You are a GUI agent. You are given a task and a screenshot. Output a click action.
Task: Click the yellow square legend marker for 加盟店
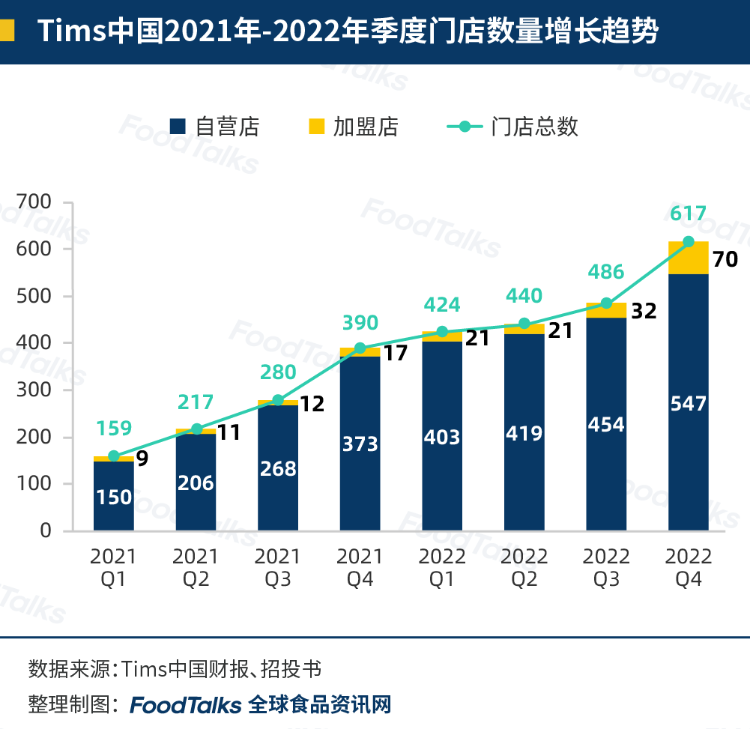tap(317, 127)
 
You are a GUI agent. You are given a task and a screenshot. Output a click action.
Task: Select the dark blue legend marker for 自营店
tap(178, 127)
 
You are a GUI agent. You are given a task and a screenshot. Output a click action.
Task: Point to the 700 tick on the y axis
tap(36, 202)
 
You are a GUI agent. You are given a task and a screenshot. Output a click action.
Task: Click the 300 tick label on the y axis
tap(36, 390)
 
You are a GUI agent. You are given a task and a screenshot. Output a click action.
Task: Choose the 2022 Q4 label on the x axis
tap(689, 567)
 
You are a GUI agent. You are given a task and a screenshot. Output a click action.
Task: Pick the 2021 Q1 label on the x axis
tap(114, 567)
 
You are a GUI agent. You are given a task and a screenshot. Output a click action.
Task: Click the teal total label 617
tap(689, 214)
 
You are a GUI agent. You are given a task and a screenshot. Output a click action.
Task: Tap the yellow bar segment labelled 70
tap(689, 258)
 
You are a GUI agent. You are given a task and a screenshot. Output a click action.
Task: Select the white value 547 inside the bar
tap(689, 405)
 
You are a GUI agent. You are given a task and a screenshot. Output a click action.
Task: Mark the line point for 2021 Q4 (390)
tap(360, 348)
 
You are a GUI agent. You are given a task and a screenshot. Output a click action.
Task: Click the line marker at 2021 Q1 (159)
tap(114, 456)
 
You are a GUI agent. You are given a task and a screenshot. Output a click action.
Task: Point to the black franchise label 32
tap(644, 311)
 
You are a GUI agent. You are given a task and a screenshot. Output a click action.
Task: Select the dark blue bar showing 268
tap(278, 468)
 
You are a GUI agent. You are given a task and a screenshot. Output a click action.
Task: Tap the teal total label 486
tap(606, 272)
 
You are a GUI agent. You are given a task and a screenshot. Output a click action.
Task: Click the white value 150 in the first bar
tap(114, 497)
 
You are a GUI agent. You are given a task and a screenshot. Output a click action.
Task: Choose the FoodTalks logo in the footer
tap(186, 705)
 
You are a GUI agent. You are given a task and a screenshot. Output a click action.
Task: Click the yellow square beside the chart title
tap(7, 31)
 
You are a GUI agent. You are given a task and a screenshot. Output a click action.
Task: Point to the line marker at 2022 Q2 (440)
tap(524, 324)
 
